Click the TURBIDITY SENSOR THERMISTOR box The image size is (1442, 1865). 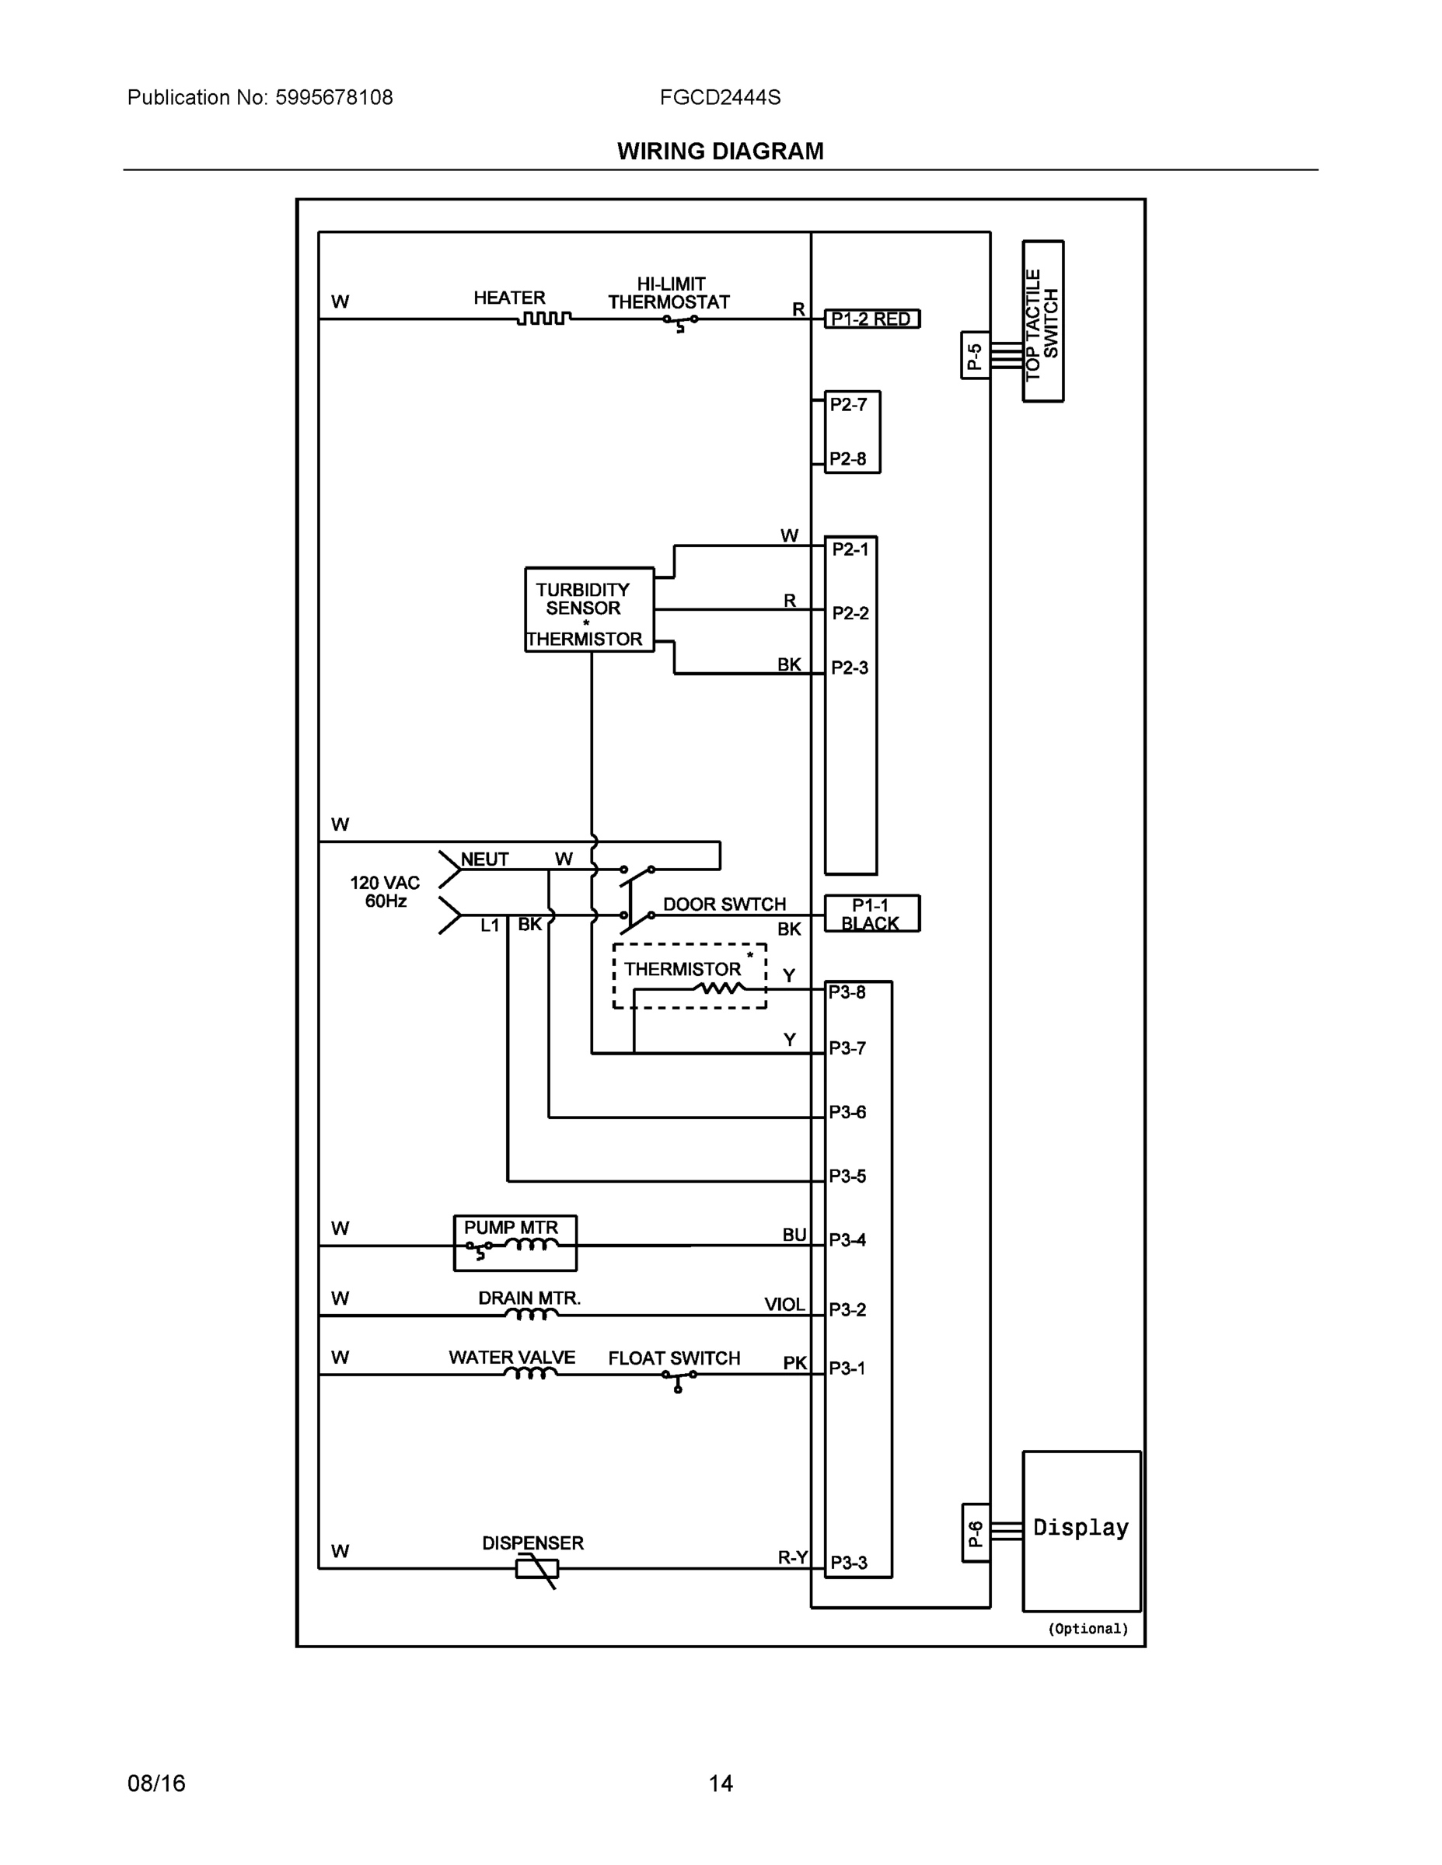pos(588,610)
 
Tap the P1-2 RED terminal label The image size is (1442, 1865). pos(871,319)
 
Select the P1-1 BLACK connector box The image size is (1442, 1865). pos(871,914)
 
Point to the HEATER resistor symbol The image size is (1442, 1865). pos(544,319)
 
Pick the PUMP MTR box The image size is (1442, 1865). pos(515,1243)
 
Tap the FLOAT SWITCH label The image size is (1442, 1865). pos(674,1358)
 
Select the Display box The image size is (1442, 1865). pos(1081,1530)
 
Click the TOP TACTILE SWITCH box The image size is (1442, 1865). pos(1043,321)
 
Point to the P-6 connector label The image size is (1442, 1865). pos(976,1533)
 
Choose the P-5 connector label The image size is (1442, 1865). pos(975,355)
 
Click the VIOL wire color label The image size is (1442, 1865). pos(784,1304)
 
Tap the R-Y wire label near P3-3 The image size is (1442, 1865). pos(792,1556)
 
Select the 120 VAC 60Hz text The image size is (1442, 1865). pos(386,891)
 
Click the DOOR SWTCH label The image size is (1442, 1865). pos(724,905)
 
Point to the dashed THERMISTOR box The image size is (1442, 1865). pos(690,976)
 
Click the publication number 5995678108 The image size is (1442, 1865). pos(334,97)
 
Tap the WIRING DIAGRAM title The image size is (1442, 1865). pos(720,152)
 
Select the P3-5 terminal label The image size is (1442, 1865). pos(847,1176)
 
